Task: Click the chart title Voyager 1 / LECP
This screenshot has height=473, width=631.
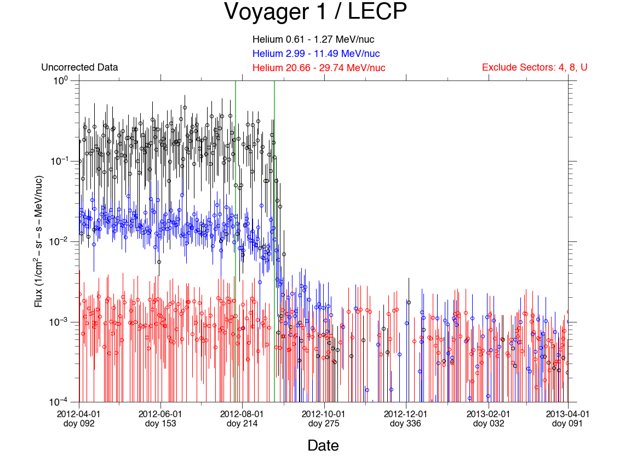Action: click(315, 12)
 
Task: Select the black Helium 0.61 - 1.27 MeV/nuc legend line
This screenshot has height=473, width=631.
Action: click(313, 39)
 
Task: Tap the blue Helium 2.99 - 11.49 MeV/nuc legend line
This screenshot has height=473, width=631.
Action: click(316, 54)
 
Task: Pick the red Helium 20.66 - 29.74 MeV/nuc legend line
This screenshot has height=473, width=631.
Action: click(319, 68)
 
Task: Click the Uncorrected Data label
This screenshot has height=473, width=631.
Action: click(79, 68)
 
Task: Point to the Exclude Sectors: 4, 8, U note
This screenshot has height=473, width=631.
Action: click(535, 67)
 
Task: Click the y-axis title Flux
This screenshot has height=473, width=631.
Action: click(39, 241)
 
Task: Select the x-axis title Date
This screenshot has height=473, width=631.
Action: click(323, 446)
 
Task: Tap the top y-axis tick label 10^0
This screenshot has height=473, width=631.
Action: click(60, 80)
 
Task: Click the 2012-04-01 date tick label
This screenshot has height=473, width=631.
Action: click(79, 414)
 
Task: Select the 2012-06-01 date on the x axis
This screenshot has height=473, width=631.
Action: click(160, 414)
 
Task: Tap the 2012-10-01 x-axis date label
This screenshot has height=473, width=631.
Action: click(324, 414)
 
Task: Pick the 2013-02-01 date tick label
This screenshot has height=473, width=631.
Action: click(488, 414)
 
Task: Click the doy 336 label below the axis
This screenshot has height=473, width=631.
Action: click(405, 424)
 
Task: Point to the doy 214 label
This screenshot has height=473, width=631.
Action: click(242, 424)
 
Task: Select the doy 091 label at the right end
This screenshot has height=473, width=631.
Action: click(567, 424)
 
